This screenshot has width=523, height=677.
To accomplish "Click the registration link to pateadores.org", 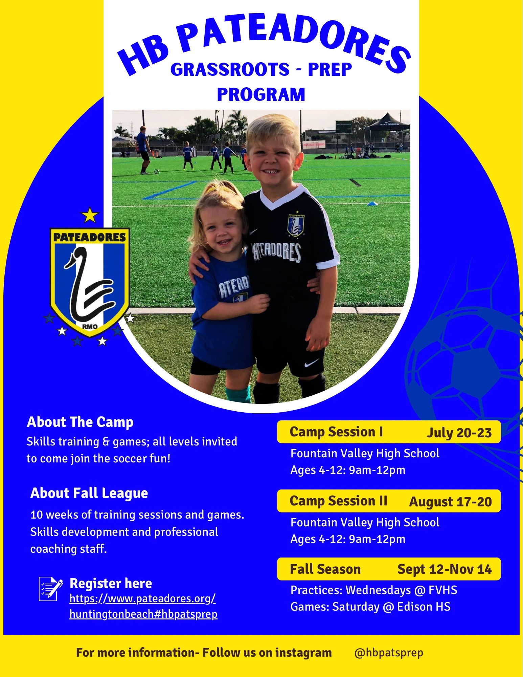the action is click(143, 606).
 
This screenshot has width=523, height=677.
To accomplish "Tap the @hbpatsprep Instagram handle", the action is click(389, 653).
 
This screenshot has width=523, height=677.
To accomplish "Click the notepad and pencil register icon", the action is click(51, 589).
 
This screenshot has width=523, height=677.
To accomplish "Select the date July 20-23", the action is click(459, 433).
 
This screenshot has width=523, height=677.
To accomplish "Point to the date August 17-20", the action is click(450, 502).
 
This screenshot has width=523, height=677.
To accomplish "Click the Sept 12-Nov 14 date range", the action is click(445, 569).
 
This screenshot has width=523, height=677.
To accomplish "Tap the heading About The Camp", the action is click(80, 422).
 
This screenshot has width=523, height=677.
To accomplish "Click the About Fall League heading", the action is click(89, 493).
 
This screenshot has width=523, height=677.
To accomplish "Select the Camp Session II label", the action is click(338, 501).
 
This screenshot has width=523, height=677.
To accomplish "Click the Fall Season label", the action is click(325, 569).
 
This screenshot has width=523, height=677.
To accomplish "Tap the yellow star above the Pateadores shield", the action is click(90, 215).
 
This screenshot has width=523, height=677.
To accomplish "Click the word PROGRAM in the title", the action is click(261, 94).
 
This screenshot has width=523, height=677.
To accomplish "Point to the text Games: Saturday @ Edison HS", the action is click(370, 607).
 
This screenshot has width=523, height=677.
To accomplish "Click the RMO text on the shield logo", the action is click(90, 327).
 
